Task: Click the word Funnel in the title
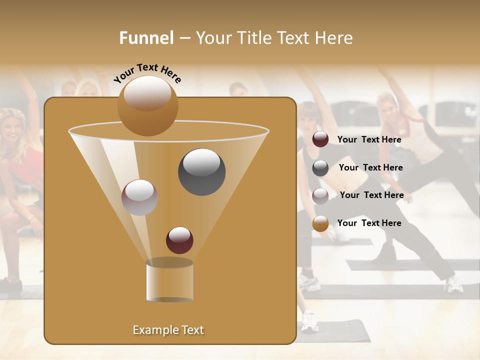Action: [146, 37]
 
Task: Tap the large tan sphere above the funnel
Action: [147, 105]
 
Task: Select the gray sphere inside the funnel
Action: [201, 171]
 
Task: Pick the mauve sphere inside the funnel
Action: [139, 197]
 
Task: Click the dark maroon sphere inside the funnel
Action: [179, 240]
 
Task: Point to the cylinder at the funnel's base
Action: [169, 281]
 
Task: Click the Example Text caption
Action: [168, 330]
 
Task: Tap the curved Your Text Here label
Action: [147, 73]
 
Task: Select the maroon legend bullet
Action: [320, 139]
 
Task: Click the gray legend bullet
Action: [320, 168]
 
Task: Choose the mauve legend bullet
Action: [320, 196]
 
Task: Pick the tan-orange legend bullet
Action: [320, 223]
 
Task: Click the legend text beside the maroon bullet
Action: [369, 139]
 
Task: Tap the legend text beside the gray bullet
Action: [370, 167]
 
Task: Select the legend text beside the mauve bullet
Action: [371, 195]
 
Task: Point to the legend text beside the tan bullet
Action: [369, 223]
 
